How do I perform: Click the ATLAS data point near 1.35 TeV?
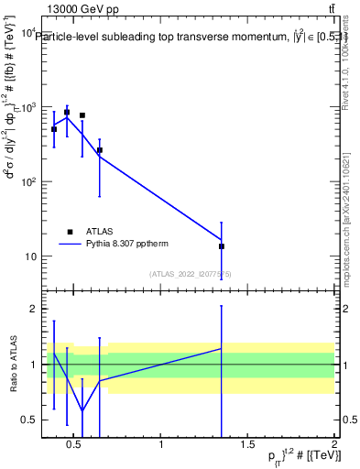point(222,246)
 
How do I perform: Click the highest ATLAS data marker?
point(67,113)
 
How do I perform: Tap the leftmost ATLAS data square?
point(54,129)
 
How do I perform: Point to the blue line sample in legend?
point(70,245)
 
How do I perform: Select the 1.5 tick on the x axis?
point(247,446)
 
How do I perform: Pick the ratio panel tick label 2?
point(32,309)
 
